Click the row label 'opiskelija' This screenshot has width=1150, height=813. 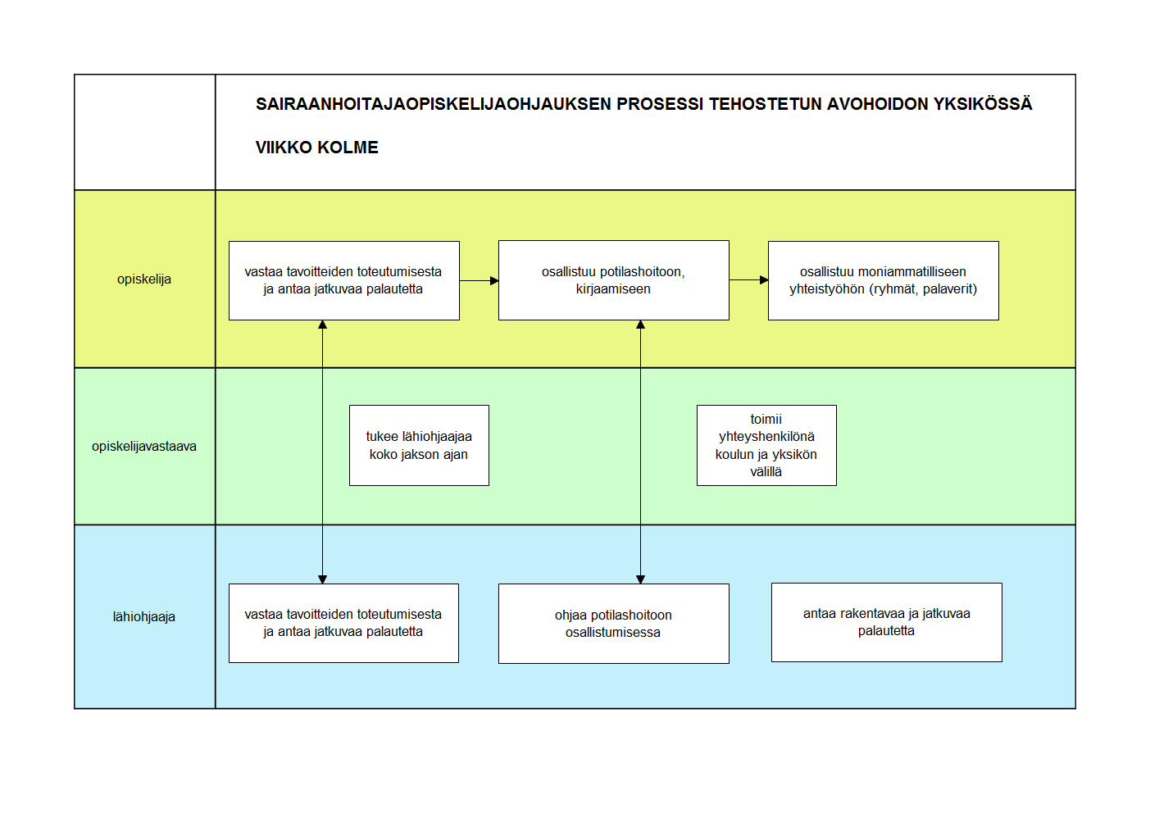143,279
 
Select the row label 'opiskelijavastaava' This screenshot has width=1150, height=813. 143,447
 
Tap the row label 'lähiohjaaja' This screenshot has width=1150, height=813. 143,616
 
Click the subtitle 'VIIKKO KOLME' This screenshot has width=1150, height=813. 316,148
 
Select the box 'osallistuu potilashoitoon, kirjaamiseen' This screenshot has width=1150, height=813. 613,280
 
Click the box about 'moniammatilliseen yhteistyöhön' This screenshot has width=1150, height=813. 883,281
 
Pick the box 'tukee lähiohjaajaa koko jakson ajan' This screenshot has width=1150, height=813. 419,446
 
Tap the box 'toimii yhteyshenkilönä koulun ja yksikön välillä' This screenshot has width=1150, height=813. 766,446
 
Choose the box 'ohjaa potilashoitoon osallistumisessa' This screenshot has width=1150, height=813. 613,624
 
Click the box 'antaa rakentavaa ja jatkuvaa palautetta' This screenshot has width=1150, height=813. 887,622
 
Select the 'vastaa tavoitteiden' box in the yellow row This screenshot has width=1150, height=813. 344,281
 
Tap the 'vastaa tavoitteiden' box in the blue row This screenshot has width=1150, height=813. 343,623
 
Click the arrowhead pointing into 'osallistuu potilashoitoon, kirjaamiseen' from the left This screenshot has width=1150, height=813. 494,281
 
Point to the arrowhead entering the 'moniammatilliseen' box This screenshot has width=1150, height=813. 764,280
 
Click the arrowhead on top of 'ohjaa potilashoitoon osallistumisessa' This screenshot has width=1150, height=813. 640,579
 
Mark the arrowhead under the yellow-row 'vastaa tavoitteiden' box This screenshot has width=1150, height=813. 322,325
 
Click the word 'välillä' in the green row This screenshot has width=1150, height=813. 766,472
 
